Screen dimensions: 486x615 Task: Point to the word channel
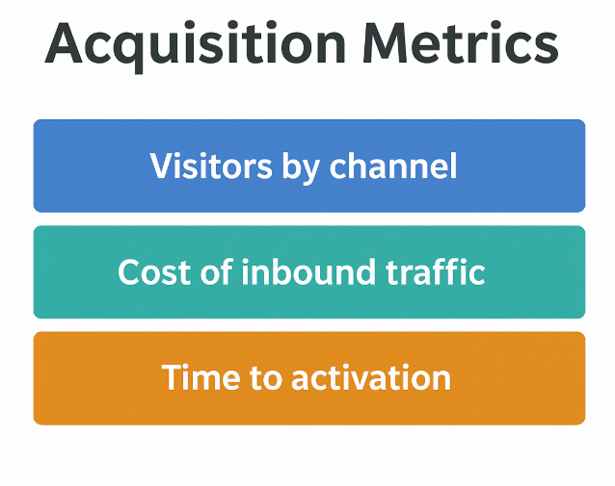pos(392,166)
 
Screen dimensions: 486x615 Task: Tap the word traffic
pos(430,272)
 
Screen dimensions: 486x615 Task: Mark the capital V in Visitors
pos(161,166)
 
